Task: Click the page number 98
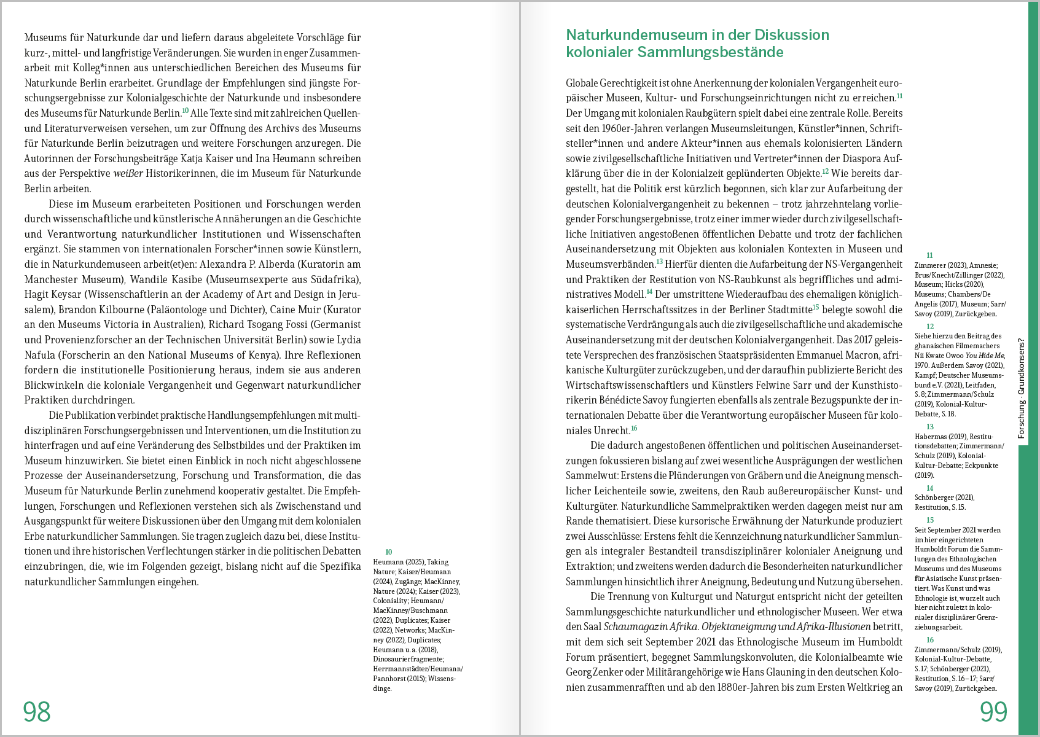[x=37, y=712]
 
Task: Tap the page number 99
[x=993, y=712]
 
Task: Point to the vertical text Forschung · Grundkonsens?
[x=1022, y=388]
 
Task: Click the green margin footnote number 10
[x=388, y=552]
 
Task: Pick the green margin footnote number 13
[x=929, y=427]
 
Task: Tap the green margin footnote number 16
[x=929, y=640]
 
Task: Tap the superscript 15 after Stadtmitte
[x=816, y=307]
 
